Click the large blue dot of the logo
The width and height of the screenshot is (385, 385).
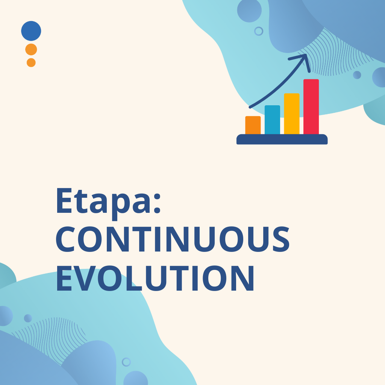coord(31,31)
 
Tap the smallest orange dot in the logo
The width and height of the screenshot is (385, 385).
coord(31,63)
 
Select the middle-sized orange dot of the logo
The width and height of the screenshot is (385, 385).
coord(31,50)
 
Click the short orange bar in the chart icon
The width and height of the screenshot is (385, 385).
coord(253,125)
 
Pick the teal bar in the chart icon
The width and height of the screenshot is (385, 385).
coord(272,120)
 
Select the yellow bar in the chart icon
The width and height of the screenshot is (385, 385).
coord(292,114)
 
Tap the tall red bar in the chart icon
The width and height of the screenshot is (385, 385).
coord(311,107)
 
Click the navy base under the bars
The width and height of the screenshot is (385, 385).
coord(282,139)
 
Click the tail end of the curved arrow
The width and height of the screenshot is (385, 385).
coord(250,107)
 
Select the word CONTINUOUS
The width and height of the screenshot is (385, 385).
coord(173,239)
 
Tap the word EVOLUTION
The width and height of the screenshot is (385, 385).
coord(155,278)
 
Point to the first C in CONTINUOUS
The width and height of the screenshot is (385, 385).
coord(65,239)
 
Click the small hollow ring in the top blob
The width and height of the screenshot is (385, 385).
coord(259,31)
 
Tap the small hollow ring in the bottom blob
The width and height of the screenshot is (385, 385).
coord(126,362)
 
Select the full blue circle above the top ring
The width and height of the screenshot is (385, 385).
coord(249,10)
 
